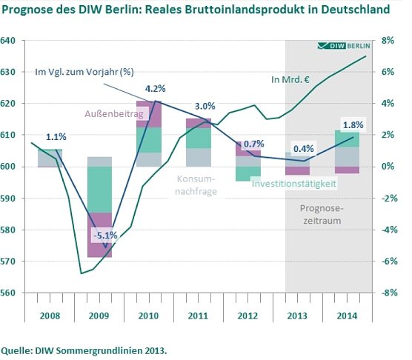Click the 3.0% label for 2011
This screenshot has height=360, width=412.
coord(204,107)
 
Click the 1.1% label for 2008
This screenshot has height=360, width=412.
coord(56,136)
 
